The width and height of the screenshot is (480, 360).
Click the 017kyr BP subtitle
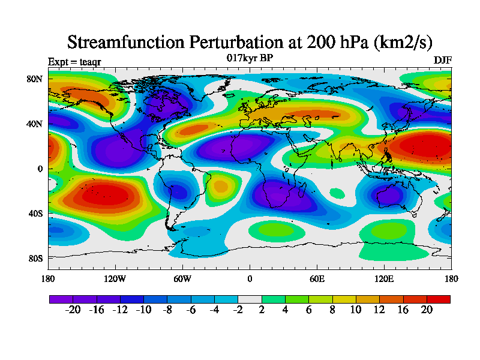(250, 58)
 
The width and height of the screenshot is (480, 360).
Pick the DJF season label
(442, 61)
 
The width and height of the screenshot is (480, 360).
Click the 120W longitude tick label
(115, 278)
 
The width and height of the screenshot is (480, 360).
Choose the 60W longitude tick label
(182, 278)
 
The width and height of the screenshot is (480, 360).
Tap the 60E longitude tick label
(317, 278)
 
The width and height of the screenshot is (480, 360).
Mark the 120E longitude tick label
(384, 278)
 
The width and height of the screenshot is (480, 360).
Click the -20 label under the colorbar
(72, 310)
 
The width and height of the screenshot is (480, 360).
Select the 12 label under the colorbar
(380, 310)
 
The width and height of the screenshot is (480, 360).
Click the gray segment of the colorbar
(250, 299)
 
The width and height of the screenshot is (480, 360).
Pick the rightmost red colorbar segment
(439, 299)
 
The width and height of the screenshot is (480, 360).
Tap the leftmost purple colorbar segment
(61, 299)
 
